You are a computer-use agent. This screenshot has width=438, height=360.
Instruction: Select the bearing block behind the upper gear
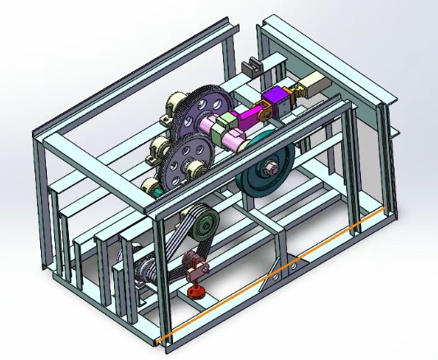tap(175, 107)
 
